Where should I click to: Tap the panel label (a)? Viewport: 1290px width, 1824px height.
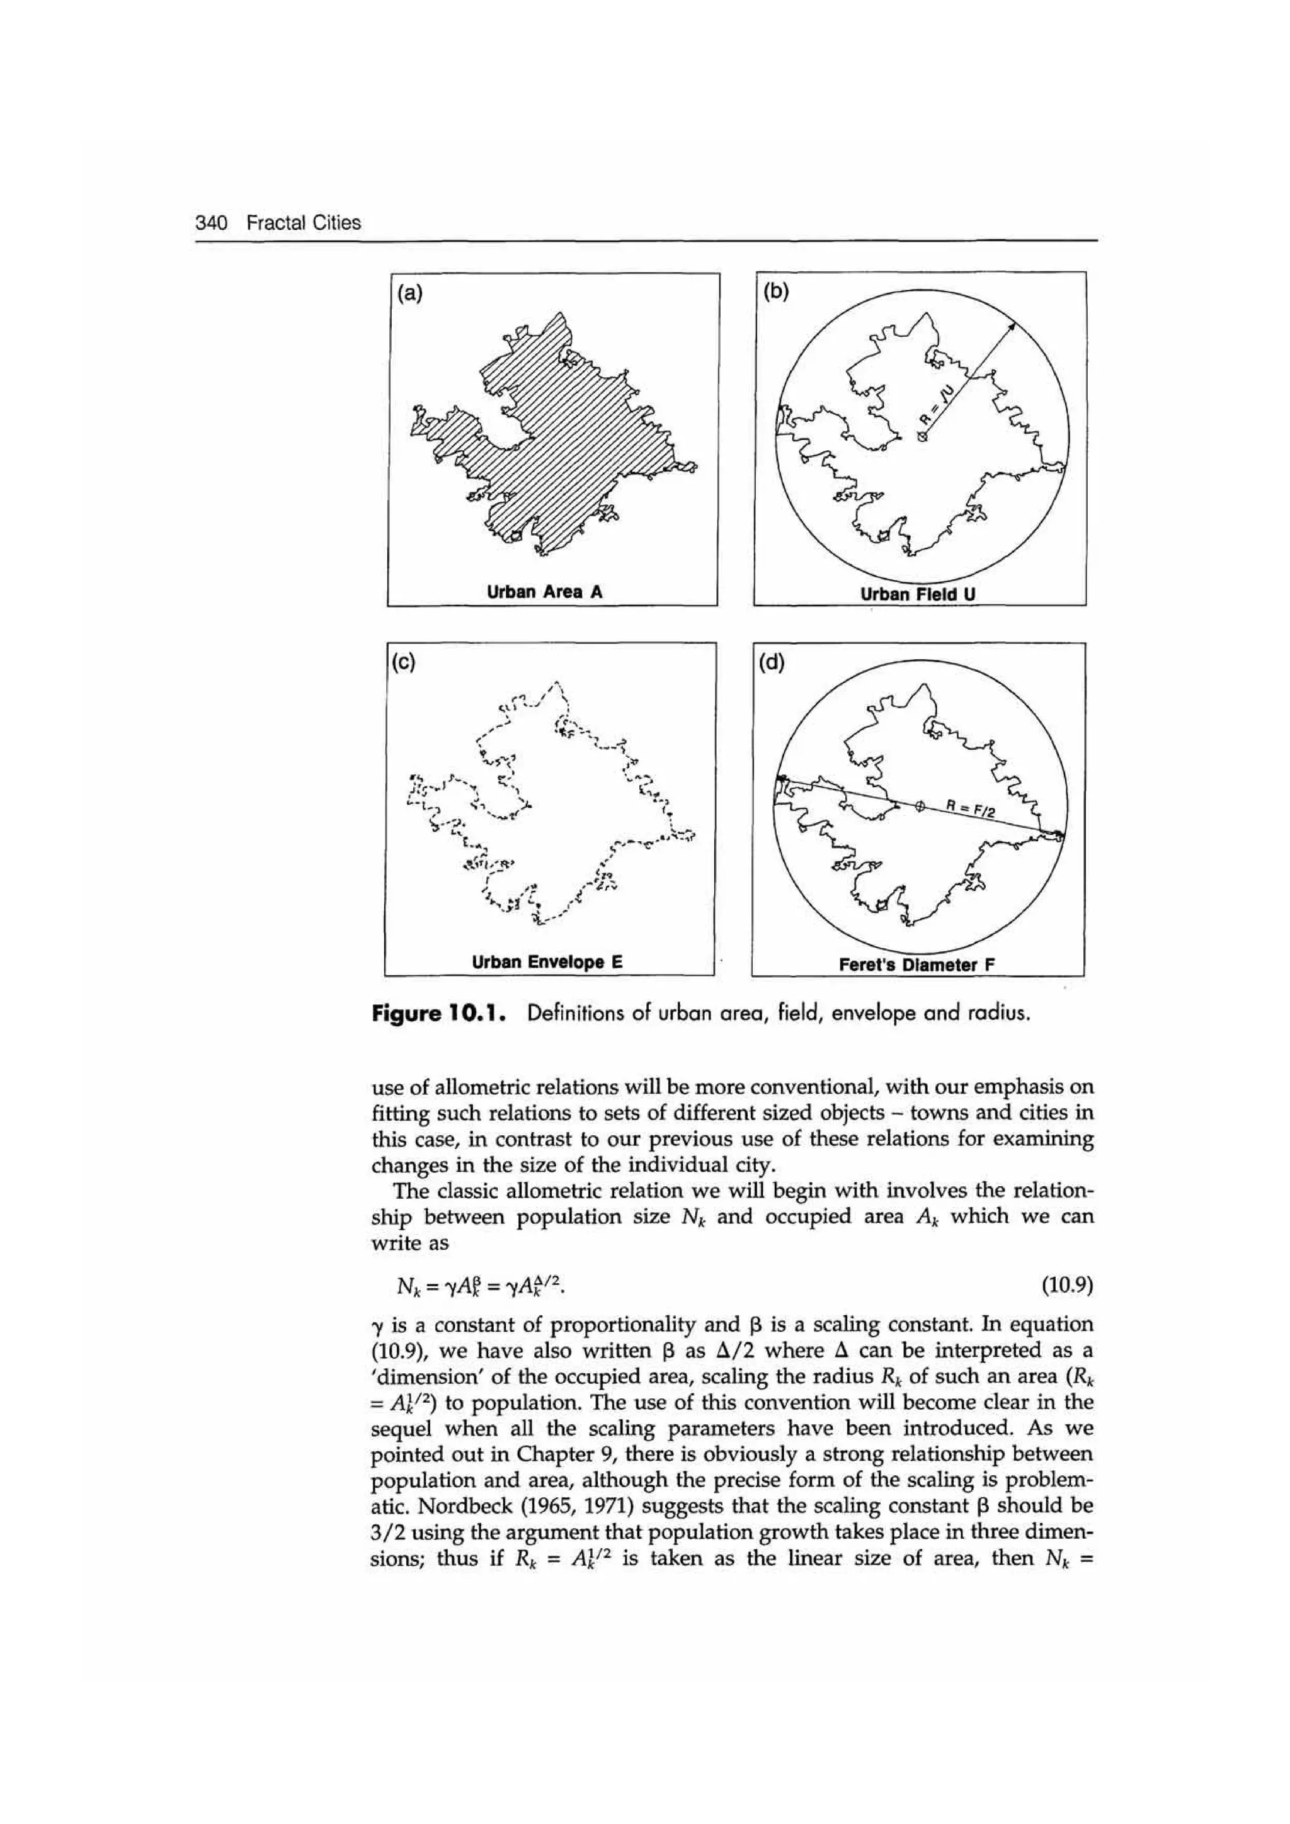pos(410,293)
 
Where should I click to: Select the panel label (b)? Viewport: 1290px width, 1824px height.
pos(776,292)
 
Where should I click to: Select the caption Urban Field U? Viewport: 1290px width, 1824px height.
pos(918,594)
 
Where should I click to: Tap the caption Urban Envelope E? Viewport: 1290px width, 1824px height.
pos(547,962)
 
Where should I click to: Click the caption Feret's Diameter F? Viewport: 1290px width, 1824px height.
pos(917,965)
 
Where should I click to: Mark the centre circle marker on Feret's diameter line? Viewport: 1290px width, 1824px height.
pos(920,807)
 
